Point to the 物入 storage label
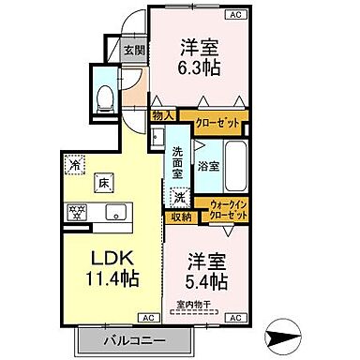pyautogui.click(x=163, y=116)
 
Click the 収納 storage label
pyautogui.click(x=180, y=217)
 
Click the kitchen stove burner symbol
pyautogui.click(x=74, y=210)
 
